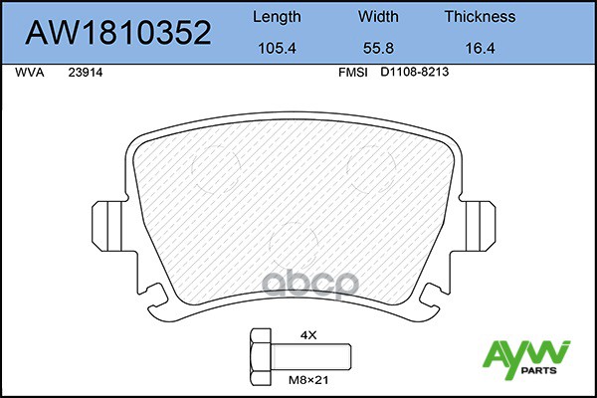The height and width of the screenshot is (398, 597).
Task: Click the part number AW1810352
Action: tap(118, 33)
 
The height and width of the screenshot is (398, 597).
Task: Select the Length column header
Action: tap(277, 17)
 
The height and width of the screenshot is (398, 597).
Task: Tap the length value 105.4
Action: tap(277, 49)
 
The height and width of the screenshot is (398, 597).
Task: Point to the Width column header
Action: tap(378, 16)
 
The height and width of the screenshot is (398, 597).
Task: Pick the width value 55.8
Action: tap(378, 49)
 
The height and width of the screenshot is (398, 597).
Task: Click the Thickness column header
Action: tap(481, 16)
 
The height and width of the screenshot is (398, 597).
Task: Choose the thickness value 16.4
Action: tap(481, 49)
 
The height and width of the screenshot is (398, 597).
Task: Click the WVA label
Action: tap(30, 73)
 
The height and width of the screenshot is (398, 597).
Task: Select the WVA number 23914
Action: tap(86, 73)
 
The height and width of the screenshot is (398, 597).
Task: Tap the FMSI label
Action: tap(353, 73)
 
